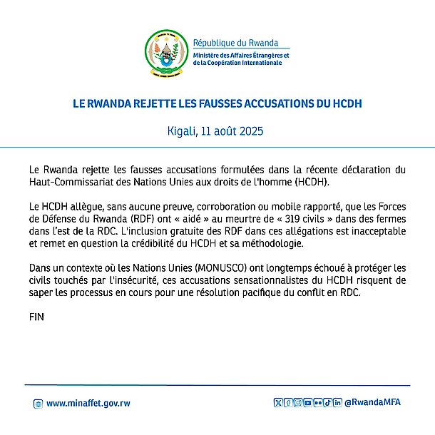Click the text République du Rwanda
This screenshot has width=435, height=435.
click(x=235, y=43)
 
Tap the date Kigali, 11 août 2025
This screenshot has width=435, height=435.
click(x=217, y=132)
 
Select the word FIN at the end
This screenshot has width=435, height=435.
click(x=36, y=317)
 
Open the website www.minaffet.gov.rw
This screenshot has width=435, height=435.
click(x=88, y=403)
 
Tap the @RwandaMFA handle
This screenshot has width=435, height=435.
click(x=372, y=402)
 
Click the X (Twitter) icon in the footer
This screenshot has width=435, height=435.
click(x=279, y=402)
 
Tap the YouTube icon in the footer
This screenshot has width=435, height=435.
click(x=308, y=402)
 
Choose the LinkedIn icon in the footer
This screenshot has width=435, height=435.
click(x=337, y=402)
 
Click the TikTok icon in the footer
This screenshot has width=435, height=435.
click(x=328, y=402)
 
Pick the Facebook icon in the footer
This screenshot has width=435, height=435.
click(x=288, y=402)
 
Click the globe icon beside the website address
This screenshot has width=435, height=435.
click(x=38, y=404)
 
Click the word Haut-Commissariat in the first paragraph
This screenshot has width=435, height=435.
click(x=71, y=181)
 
